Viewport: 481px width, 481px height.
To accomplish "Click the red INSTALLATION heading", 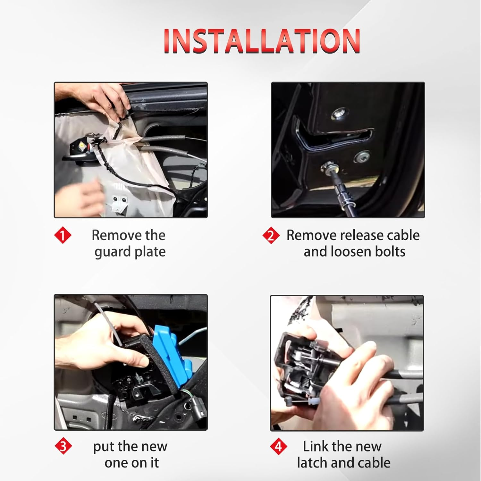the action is pos(262,41).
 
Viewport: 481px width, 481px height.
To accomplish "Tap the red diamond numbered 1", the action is pos(63,235).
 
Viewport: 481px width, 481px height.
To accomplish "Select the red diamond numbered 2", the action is pos(271,236).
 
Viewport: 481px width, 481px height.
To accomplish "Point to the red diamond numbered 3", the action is pos(63,446).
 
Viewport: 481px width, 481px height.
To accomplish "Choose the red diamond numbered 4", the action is pos(278,446).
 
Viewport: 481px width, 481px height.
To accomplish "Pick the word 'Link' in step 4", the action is pos(316,446).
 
